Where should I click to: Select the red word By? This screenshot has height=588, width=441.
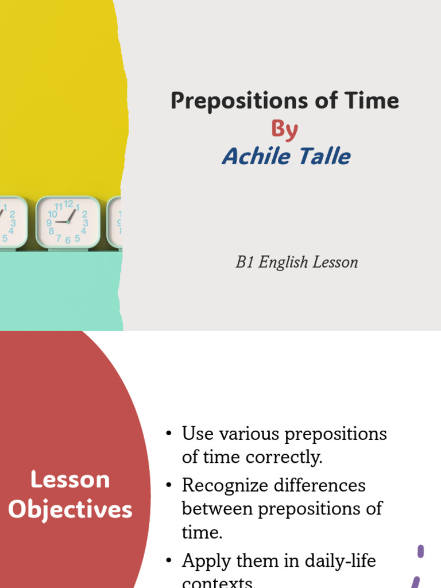click(284, 129)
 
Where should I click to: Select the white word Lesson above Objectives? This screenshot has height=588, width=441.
click(70, 479)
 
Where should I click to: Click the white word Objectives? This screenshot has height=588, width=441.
click(70, 509)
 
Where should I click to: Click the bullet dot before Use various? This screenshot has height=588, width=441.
click(168, 434)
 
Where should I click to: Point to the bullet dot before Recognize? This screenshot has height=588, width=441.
click(168, 486)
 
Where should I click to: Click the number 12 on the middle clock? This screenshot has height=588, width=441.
click(68, 204)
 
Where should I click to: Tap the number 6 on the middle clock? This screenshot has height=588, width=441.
click(68, 240)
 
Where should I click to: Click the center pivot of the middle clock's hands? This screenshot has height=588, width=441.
click(68, 222)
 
